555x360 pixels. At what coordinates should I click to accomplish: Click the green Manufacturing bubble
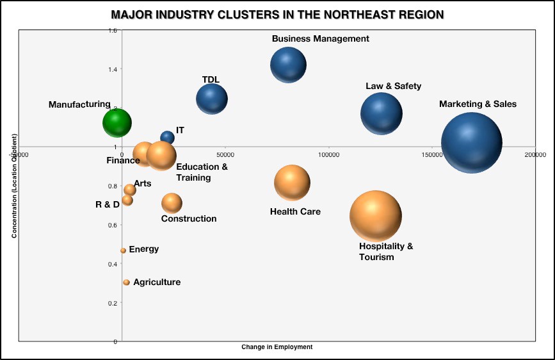(x=117, y=122)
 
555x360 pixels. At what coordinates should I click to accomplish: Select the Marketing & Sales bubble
(x=472, y=142)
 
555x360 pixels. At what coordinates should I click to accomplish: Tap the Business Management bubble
(x=288, y=64)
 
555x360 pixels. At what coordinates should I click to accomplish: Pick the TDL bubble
(x=212, y=99)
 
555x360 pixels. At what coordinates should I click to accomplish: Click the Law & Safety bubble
(x=382, y=113)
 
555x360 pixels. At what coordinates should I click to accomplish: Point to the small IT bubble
(x=167, y=137)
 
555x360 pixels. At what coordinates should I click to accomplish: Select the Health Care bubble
(x=292, y=183)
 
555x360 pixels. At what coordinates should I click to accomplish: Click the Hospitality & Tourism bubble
(x=376, y=217)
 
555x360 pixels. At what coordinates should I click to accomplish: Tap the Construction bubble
(x=172, y=203)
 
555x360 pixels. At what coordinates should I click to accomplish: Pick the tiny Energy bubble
(x=124, y=250)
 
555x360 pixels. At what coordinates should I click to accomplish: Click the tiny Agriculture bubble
(x=127, y=282)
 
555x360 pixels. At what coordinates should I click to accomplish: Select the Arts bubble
(x=130, y=190)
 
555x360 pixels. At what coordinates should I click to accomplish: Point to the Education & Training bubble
(x=161, y=154)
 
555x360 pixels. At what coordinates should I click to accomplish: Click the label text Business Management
(x=320, y=38)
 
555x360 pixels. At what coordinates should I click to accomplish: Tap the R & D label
(x=107, y=204)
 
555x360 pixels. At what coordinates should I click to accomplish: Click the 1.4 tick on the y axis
(x=113, y=69)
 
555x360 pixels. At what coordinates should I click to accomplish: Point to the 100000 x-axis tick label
(x=328, y=154)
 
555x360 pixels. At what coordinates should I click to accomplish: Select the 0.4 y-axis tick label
(x=113, y=264)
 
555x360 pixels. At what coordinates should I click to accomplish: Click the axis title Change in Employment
(x=277, y=347)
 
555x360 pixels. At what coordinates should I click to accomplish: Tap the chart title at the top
(x=277, y=14)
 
